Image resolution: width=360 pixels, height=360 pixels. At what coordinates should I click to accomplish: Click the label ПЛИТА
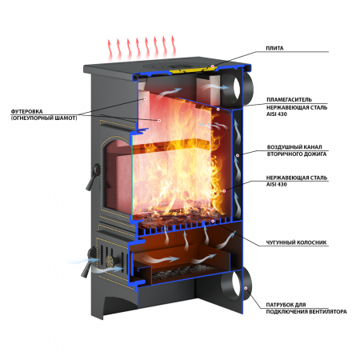(x=274, y=48)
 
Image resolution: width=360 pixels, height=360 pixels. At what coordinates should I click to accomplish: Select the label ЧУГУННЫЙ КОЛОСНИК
(x=296, y=242)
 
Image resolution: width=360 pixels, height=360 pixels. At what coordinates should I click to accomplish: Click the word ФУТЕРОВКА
(x=26, y=111)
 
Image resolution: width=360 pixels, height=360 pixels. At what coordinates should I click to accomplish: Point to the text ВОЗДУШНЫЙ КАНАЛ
(x=294, y=147)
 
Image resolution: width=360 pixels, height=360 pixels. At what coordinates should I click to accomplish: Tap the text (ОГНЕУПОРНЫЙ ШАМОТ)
(x=44, y=118)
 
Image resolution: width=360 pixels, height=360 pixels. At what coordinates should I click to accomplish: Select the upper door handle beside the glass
(x=93, y=177)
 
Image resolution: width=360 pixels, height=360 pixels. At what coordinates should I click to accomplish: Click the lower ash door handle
(x=89, y=262)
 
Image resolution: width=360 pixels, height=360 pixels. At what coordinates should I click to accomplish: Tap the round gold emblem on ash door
(x=110, y=260)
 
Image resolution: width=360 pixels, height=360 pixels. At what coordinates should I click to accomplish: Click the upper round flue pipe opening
(x=236, y=87)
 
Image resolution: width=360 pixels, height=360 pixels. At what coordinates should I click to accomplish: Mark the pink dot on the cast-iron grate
(x=213, y=221)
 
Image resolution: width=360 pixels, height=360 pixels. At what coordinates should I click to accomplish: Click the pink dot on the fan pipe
(x=246, y=288)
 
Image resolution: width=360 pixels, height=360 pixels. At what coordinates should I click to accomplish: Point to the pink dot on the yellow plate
(x=213, y=66)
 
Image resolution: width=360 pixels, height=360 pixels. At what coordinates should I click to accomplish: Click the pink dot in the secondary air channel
(x=237, y=155)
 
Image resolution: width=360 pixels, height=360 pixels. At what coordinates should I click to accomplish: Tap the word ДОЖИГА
(x=314, y=154)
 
